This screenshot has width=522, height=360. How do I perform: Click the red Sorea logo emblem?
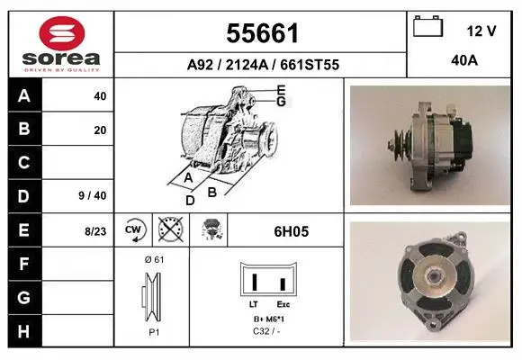pyautogui.click(x=62, y=33)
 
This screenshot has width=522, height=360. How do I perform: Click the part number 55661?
pyautogui.click(x=262, y=33)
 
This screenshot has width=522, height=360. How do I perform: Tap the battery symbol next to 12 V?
pyautogui.click(x=427, y=26)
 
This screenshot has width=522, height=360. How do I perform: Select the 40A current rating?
pyautogui.click(x=464, y=60)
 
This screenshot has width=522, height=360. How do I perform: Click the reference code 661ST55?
pyautogui.click(x=310, y=65)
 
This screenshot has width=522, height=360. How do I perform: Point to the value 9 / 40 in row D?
pyautogui.click(x=93, y=195)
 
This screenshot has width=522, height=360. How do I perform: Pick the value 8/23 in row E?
pyautogui.click(x=95, y=231)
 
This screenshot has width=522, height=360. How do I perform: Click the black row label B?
pyautogui.click(x=24, y=129)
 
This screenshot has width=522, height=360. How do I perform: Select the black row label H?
pyautogui.click(x=24, y=331)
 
